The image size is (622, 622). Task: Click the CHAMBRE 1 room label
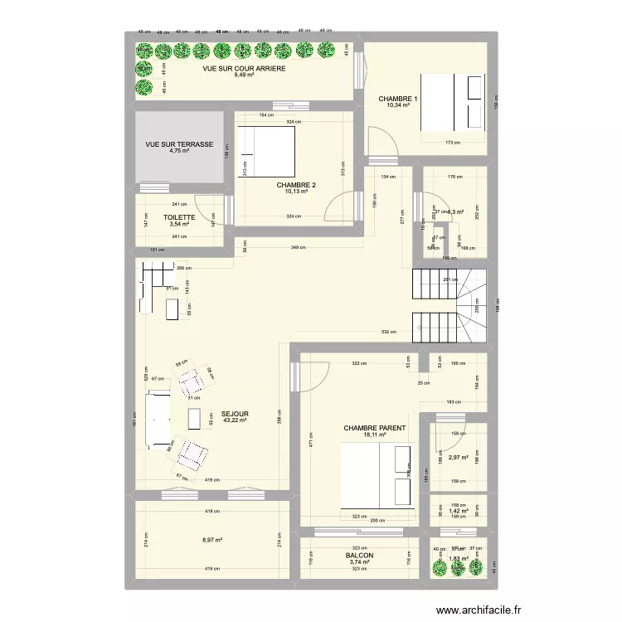tap(398, 100)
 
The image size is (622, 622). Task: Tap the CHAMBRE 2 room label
tap(296, 184)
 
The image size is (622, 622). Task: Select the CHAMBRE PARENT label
tap(375, 429)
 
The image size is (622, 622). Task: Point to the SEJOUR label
tap(235, 413)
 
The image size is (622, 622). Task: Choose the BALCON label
tap(359, 556)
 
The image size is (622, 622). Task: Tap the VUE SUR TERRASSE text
tap(179, 144)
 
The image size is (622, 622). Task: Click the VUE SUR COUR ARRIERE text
tap(245, 69)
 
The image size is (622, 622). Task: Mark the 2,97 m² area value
tap(458, 457)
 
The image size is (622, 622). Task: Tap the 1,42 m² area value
tap(458, 511)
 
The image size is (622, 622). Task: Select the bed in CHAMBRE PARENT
tap(376, 474)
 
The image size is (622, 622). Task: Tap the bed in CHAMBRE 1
tap(454, 102)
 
